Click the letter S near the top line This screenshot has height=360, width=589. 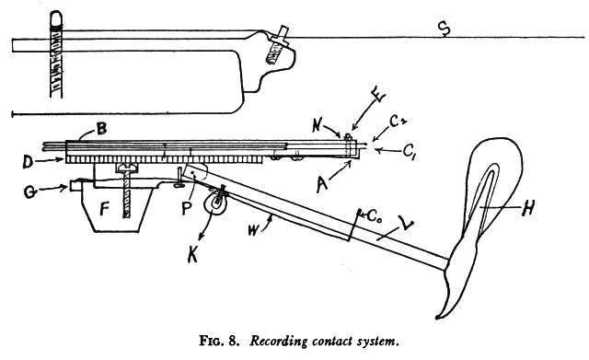444,30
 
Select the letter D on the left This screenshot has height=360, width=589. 29,162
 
